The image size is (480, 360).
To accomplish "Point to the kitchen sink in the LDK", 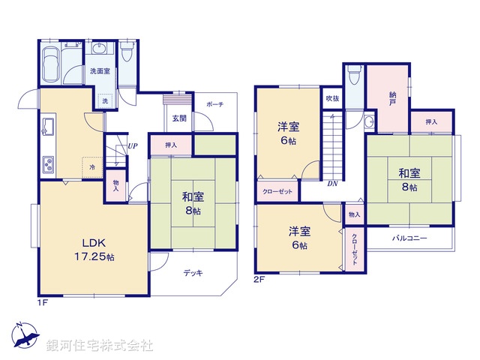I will click(x=46, y=128).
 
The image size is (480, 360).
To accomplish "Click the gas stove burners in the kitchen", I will click(x=47, y=163).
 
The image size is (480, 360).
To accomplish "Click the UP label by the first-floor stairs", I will click(x=132, y=146).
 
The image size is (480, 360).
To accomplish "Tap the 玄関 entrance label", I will click(x=179, y=118).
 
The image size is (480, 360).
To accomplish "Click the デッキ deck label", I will click(x=193, y=273).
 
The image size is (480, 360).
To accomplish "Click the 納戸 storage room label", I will click(x=391, y=98).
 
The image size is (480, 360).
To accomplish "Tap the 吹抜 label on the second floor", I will click(x=331, y=98).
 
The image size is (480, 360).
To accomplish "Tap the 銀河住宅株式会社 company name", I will click(x=100, y=345).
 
